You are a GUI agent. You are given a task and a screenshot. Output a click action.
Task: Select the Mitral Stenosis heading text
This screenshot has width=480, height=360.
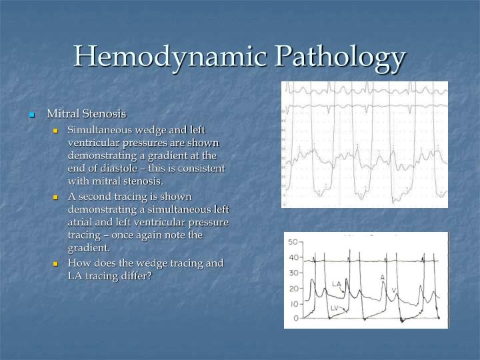pos(86,114)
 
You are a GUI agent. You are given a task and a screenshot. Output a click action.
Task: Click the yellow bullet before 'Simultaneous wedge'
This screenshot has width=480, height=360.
pos(56,130)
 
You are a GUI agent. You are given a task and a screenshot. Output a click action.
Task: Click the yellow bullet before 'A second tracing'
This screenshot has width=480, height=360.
pos(56,197)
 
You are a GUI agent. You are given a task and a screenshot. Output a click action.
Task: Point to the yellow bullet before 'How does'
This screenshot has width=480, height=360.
pos(56,263)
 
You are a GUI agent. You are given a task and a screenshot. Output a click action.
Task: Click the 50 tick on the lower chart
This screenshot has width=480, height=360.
pos(292,241)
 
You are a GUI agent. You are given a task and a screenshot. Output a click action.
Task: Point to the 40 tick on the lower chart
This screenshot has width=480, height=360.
pos(292,257)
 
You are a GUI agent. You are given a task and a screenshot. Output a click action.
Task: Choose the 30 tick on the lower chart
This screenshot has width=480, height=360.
pos(292,273)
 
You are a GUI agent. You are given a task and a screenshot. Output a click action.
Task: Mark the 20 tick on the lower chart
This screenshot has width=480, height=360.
pos(292,289)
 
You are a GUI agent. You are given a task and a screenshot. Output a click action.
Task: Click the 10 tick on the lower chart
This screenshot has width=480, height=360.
pos(292,304)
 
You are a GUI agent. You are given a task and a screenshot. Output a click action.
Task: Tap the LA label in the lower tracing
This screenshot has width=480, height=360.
pos(337,284)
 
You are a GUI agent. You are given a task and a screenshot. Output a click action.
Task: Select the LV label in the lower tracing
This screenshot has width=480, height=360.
pos(335,309)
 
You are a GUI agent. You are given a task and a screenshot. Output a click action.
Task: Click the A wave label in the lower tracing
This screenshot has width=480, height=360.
pos(382,277)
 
